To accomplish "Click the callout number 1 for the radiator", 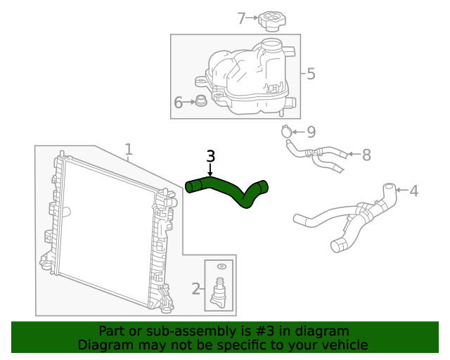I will tap(129, 148).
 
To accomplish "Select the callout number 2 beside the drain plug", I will tap(196, 288).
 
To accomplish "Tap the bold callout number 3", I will tap(210, 157).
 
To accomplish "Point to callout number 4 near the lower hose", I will tap(413, 191).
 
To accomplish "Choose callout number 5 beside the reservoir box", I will tap(311, 73).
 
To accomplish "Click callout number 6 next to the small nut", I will tap(178, 103).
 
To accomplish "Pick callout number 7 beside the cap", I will tap(242, 18).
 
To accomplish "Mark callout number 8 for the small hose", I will tap(366, 155).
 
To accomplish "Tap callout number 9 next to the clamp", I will tap(311, 131).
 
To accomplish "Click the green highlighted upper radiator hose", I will tap(225, 188).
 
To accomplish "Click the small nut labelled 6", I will tap(201, 102).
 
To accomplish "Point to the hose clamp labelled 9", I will tap(285, 131).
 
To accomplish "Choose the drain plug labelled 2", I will tap(220, 289).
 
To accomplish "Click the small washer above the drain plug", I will tap(221, 267).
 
